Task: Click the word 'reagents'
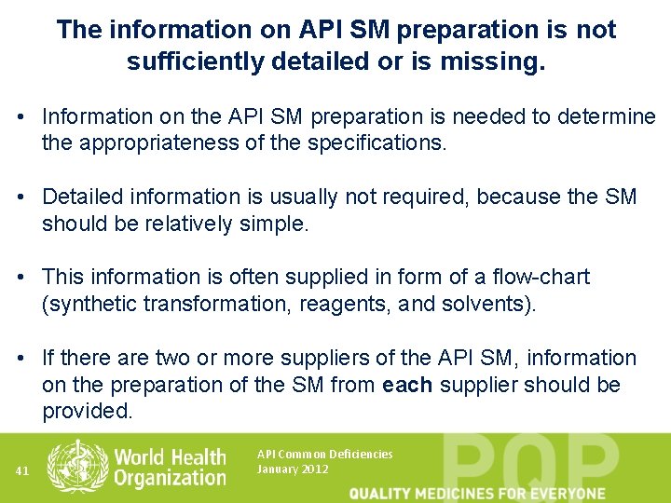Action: tap(342, 305)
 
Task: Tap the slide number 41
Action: tap(22, 471)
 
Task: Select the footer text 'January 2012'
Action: tap(293, 469)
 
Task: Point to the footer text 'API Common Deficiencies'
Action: tap(324, 455)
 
